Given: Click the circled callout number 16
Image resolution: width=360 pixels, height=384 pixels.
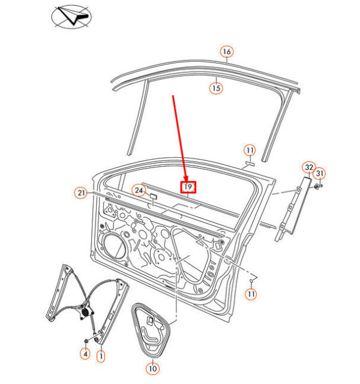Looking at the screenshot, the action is [x=227, y=52].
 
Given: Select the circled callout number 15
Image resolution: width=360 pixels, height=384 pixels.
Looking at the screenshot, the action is [x=216, y=88].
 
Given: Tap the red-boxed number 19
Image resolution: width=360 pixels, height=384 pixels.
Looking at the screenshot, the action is [x=188, y=187].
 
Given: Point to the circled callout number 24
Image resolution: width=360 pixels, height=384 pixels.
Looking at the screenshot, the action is [x=139, y=190].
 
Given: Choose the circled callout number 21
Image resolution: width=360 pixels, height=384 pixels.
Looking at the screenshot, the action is [x=81, y=193].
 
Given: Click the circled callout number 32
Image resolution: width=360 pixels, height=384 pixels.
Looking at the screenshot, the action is [x=309, y=167].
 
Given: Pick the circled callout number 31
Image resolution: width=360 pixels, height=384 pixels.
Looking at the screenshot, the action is [x=320, y=173].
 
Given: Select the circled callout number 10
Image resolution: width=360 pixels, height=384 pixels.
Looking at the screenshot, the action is [x=152, y=368].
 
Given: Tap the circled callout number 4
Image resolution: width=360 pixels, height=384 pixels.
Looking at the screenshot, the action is [x=85, y=353].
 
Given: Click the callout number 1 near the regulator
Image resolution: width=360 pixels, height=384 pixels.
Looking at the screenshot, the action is [x=101, y=356].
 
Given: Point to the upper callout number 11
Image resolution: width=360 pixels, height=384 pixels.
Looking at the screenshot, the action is [x=250, y=151].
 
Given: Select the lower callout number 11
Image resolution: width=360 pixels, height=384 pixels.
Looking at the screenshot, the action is [x=251, y=293].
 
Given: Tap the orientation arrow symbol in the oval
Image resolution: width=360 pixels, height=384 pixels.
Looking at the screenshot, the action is [x=73, y=16].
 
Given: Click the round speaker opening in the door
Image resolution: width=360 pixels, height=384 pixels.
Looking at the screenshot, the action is [x=115, y=246].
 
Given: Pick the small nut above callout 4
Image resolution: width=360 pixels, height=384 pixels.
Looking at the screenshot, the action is [x=86, y=341].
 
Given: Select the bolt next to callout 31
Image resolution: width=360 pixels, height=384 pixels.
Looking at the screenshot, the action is [x=317, y=187].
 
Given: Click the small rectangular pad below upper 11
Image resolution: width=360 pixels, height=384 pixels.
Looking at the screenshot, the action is [x=250, y=163].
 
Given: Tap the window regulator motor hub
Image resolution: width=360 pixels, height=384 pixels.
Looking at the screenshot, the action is [x=85, y=312].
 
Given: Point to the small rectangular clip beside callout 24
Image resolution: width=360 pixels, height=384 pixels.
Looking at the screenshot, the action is [x=154, y=196].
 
